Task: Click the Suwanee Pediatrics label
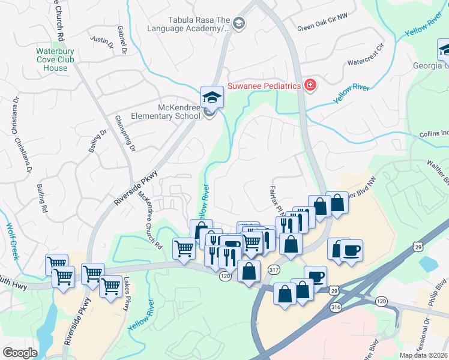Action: (263, 86)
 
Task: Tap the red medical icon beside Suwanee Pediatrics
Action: (310, 86)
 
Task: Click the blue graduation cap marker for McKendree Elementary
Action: (212, 97)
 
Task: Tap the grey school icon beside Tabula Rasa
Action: (238, 23)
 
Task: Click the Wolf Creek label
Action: (13, 241)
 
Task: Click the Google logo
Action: (20, 352)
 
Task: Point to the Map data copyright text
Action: (423, 355)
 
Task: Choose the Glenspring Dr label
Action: (125, 133)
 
